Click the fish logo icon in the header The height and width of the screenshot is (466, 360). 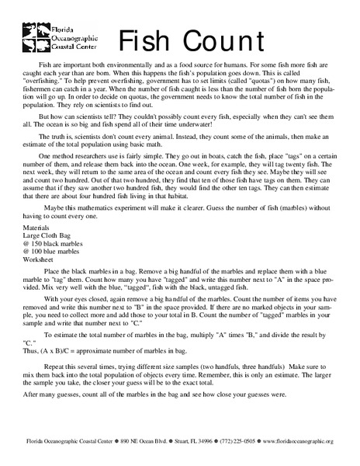tap(33, 33)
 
